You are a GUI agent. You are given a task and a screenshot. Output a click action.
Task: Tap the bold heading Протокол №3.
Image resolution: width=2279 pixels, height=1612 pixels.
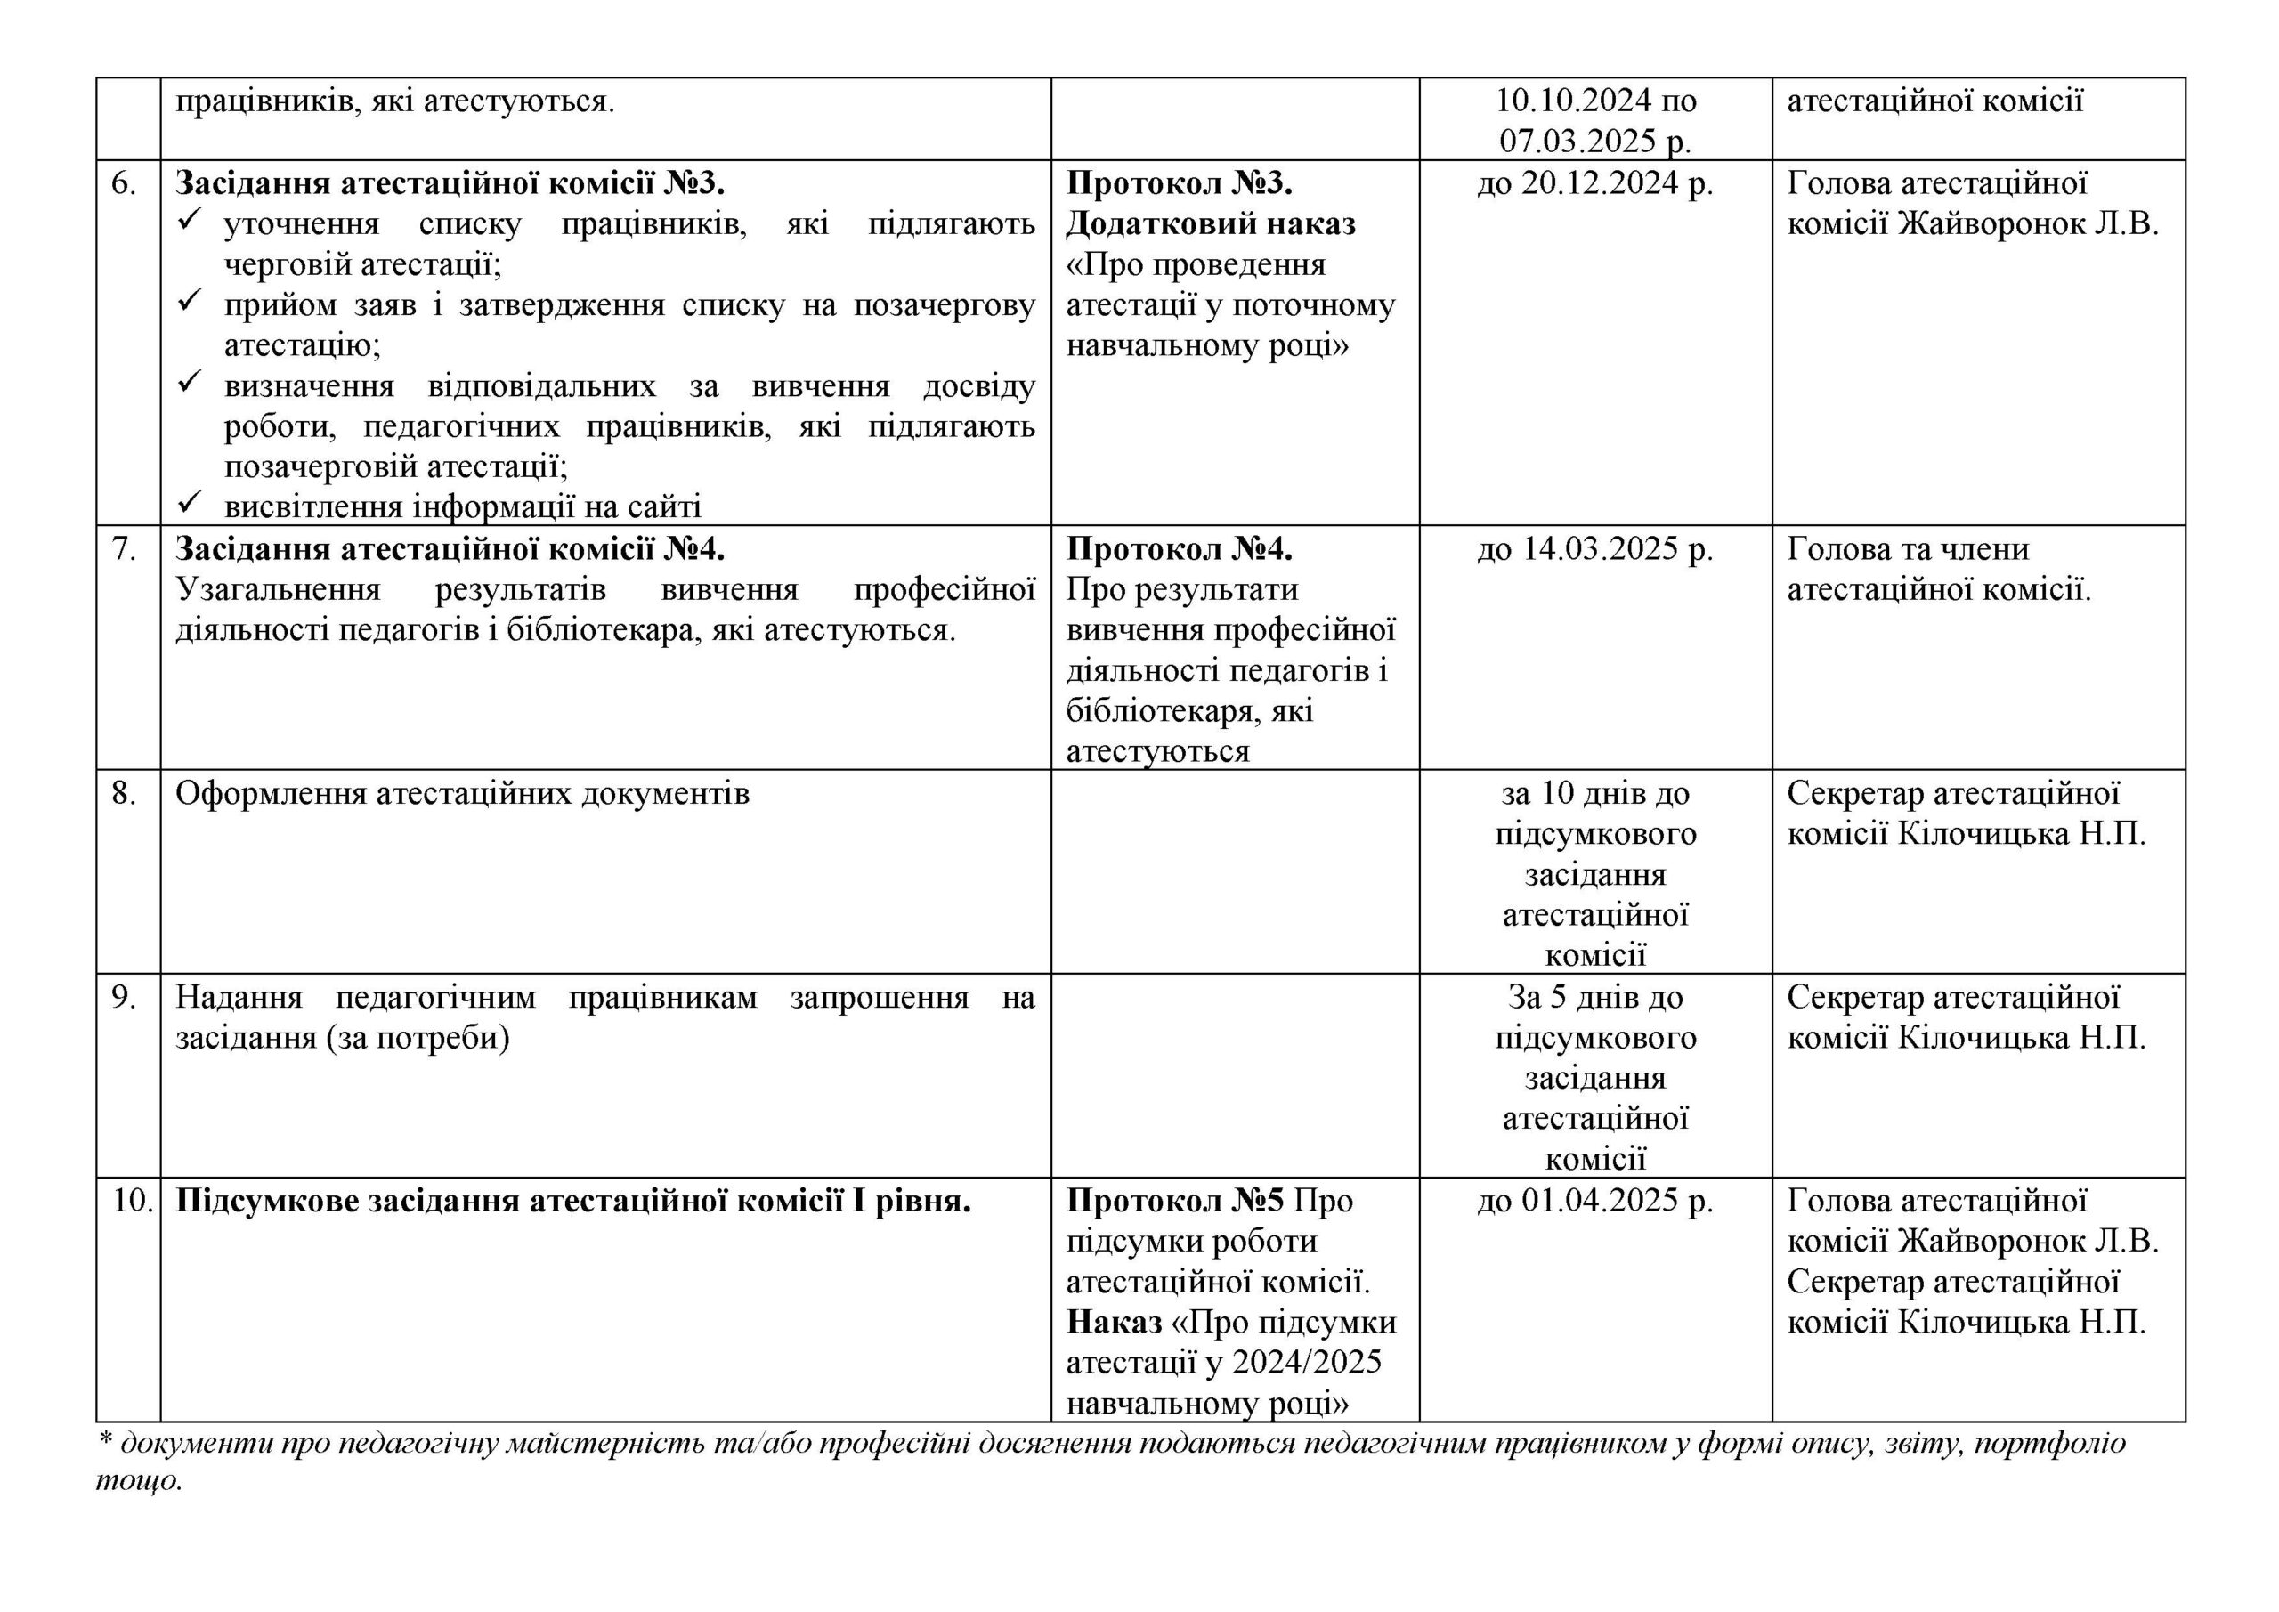[1180, 183]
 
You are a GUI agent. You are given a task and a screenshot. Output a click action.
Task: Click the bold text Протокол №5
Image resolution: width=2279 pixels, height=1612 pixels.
[1175, 1201]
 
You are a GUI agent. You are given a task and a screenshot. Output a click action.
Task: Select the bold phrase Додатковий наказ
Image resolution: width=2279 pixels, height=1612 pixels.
[1211, 224]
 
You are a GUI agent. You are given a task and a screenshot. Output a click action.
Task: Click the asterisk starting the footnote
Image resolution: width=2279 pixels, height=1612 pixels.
[103, 1441]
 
